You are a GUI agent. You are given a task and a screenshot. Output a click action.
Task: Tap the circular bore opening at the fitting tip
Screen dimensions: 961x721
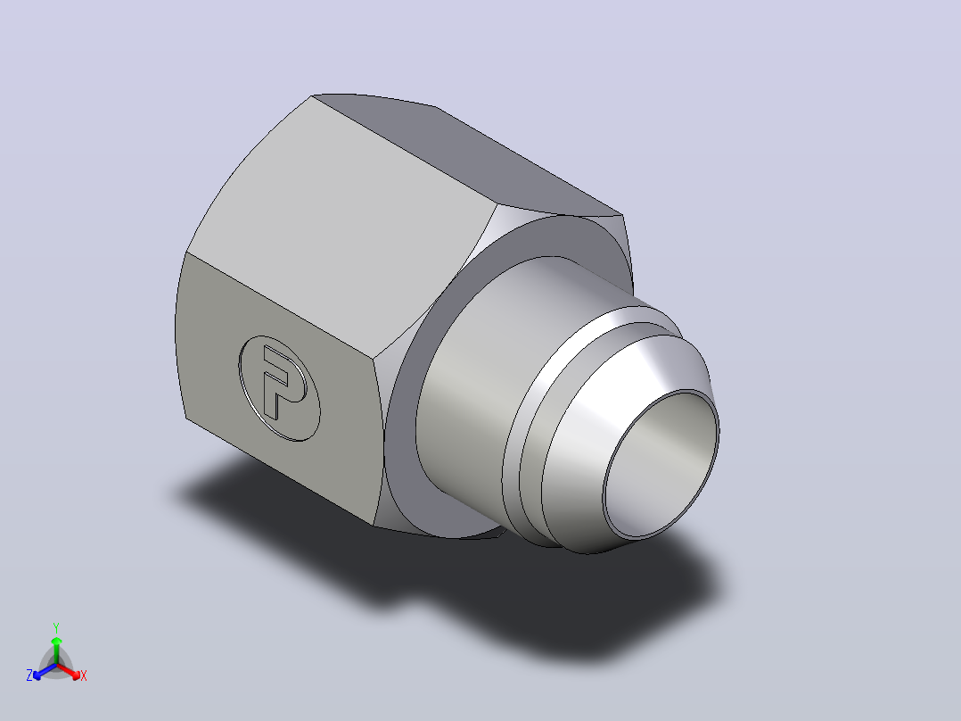coord(661,464)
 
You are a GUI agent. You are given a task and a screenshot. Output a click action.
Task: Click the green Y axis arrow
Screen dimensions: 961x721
coord(56,650)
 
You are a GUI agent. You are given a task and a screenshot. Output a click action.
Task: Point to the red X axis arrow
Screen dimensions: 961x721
coord(69,670)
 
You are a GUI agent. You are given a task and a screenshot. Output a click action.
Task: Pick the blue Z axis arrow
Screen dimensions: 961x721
coord(45,671)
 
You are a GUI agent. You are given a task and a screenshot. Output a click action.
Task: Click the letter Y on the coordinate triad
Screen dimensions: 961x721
coord(56,627)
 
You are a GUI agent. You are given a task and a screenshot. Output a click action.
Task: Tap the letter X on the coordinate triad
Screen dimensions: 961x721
coord(84,675)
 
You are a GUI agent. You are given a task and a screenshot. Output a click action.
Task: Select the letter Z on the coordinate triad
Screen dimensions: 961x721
coord(29,675)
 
